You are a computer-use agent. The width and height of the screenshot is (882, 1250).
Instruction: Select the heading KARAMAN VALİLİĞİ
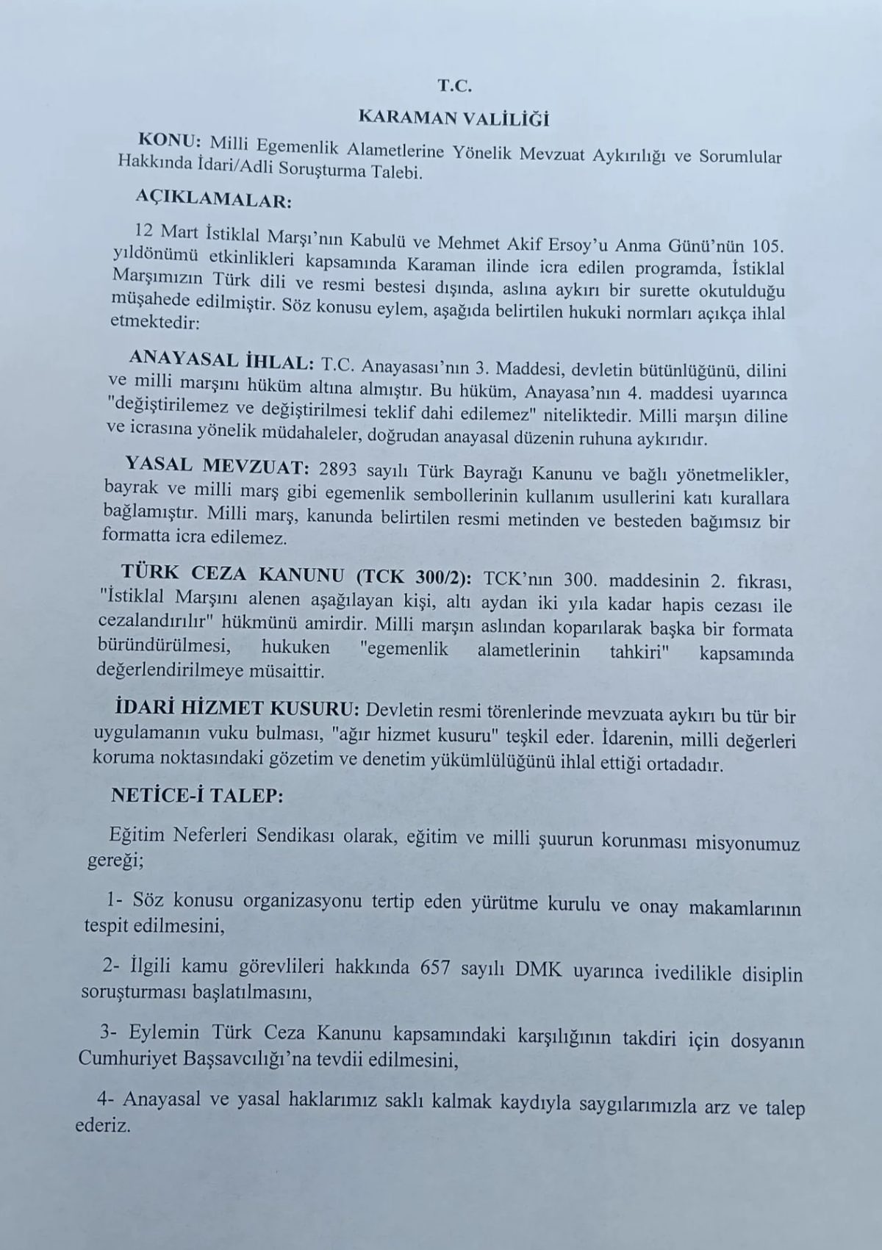click(x=453, y=117)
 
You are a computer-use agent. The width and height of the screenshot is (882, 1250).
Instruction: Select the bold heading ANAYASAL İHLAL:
click(x=221, y=361)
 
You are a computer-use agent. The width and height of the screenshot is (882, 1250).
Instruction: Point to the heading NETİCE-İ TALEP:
click(x=196, y=796)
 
